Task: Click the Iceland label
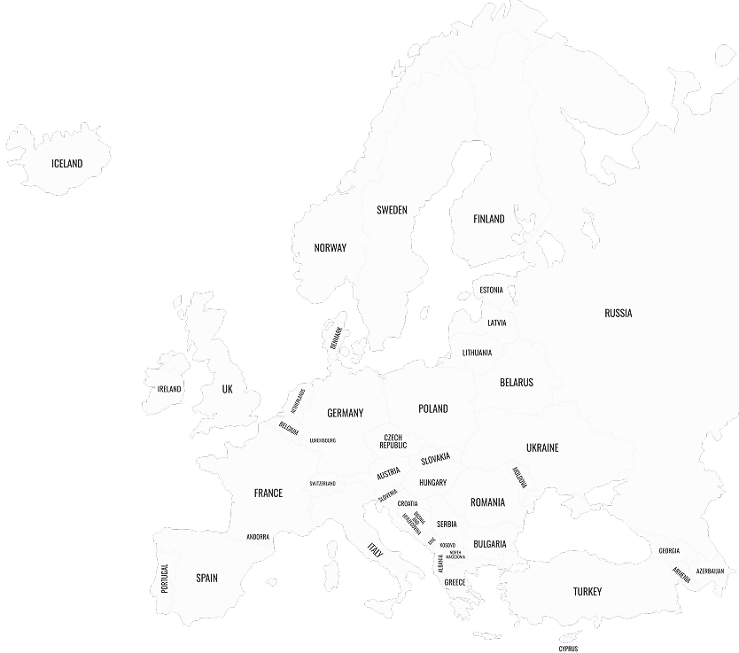click(66, 163)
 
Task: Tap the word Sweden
click(392, 210)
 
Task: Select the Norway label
click(331, 248)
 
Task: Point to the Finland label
click(488, 219)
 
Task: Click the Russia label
click(618, 313)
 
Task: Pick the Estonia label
click(491, 290)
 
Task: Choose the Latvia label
click(497, 323)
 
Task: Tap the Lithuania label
click(477, 353)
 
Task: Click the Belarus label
click(517, 383)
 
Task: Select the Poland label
click(433, 408)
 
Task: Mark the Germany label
click(345, 413)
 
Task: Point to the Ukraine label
click(542, 447)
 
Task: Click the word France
click(268, 493)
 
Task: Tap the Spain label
click(206, 578)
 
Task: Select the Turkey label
click(587, 592)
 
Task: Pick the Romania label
click(487, 502)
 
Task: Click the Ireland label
click(169, 389)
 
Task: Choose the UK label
click(227, 389)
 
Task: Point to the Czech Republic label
click(393, 441)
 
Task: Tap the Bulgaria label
click(489, 544)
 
